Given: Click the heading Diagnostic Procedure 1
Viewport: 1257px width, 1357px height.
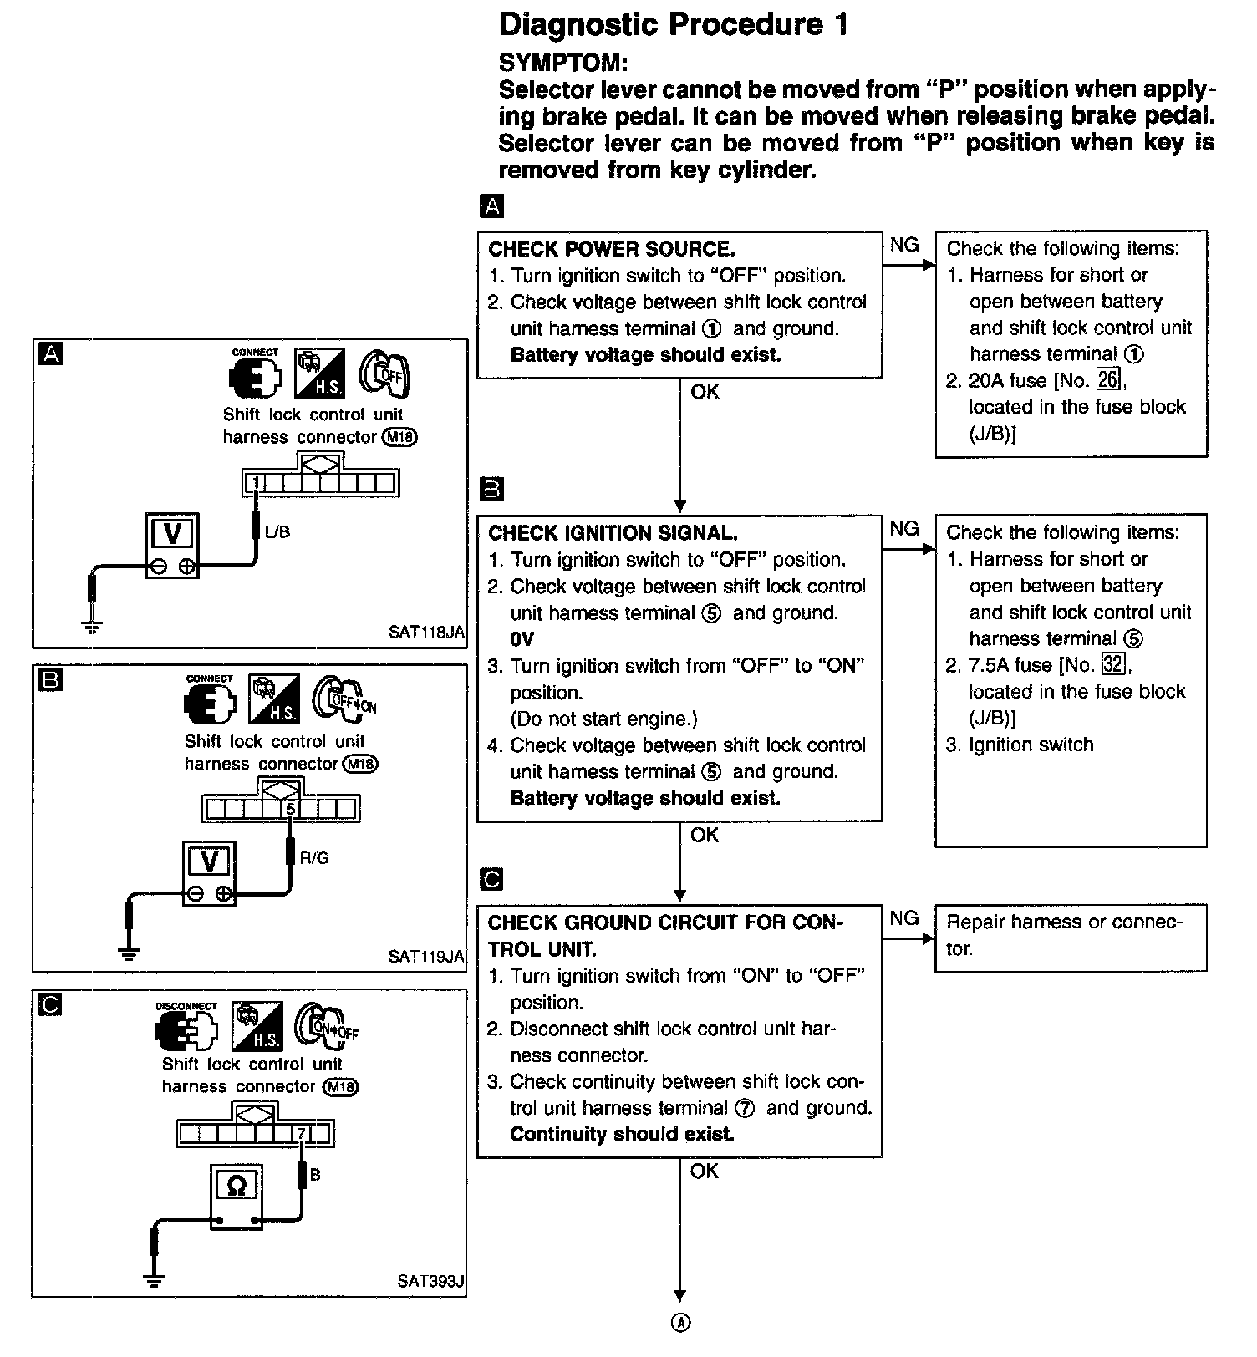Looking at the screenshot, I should [673, 25].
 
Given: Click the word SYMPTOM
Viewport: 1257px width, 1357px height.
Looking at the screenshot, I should [562, 63].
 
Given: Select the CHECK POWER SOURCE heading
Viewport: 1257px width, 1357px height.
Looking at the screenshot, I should [611, 249].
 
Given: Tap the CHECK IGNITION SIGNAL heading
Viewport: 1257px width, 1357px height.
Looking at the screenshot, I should [613, 533].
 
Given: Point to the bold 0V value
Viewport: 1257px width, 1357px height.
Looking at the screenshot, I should [522, 639].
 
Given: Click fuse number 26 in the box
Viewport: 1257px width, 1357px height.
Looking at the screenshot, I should [1107, 380].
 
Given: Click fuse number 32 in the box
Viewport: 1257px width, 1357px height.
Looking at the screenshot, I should [1112, 664].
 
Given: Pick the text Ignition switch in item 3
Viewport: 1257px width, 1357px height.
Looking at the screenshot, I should [1031, 745].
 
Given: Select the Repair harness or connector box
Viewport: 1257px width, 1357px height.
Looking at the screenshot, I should [1070, 936].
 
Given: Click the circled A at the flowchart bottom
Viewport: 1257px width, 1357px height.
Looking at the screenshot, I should [681, 1323].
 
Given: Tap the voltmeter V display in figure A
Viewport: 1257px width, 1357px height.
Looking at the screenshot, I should [172, 533].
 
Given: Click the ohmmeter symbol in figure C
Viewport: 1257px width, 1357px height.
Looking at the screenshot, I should [237, 1186].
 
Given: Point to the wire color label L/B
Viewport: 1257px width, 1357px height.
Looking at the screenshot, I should [277, 531].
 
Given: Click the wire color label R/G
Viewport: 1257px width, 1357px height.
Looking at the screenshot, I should [314, 857].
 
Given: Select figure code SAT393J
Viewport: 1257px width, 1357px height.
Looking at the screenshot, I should [430, 1280].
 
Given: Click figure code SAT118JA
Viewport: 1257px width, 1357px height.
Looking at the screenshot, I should [426, 632].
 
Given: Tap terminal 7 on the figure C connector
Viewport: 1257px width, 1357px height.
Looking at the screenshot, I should [301, 1134].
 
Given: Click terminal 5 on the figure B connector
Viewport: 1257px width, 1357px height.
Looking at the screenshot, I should [290, 809].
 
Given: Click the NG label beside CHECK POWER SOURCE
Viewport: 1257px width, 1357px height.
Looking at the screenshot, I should [904, 245].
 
